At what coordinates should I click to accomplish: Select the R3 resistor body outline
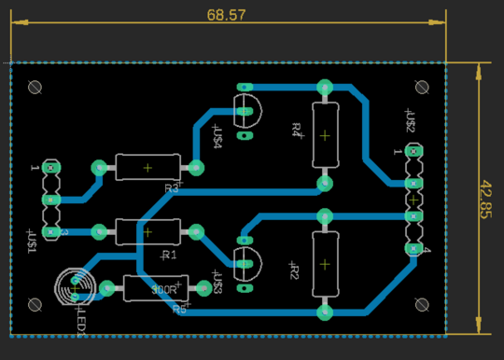[x=147, y=168]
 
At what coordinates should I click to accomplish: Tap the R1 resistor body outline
[x=147, y=230]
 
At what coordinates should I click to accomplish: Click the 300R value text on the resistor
[x=164, y=289]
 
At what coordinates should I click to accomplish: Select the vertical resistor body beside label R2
[x=324, y=263]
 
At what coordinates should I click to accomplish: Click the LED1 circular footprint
[x=75, y=285]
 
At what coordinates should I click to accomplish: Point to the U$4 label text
[x=217, y=137]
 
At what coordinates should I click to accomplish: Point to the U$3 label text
[x=217, y=284]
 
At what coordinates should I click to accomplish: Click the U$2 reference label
[x=410, y=120]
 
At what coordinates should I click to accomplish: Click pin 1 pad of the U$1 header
[x=50, y=169]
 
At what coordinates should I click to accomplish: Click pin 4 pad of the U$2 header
[x=413, y=248]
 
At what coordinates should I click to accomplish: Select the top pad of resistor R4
[x=324, y=88]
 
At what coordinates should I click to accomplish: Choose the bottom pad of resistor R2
[x=324, y=311]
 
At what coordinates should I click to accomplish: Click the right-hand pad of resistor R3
[x=196, y=168]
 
